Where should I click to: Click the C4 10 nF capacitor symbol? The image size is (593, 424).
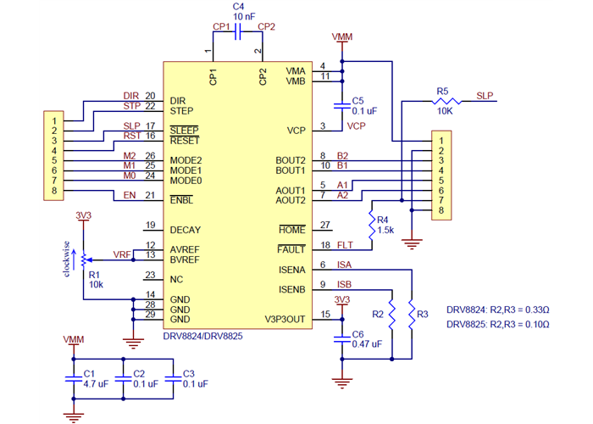tap(237, 34)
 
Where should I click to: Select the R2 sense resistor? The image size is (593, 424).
tap(392, 315)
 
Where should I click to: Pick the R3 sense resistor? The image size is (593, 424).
tap(412, 315)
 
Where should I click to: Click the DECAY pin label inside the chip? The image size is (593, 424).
tap(185, 230)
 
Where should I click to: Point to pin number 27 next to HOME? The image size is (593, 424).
tap(324, 225)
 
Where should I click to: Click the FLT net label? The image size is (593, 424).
tap(344, 245)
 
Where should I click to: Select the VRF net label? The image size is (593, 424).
tap(122, 254)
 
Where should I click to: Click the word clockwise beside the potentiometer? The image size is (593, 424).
tap(66, 258)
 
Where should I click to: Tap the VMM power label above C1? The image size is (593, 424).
tap(74, 339)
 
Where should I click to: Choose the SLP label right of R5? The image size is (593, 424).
tap(485, 95)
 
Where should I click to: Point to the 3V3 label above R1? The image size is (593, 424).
tap(82, 215)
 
